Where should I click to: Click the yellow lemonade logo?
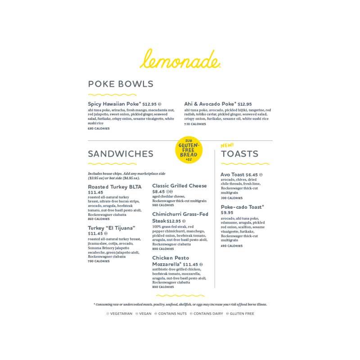coord(181,59)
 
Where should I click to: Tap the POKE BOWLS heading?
coord(121,84)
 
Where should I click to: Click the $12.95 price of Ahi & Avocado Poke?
coord(245,104)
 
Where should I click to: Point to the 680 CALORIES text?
coord(99,128)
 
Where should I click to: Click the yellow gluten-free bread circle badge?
coord(189,150)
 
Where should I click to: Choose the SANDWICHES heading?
coord(121,154)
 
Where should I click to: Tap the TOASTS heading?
coord(239,154)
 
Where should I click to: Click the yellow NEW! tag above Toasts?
coord(227,145)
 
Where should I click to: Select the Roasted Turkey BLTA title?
coord(115,187)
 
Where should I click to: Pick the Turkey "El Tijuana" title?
coord(112,228)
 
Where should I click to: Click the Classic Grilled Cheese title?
coord(180,185)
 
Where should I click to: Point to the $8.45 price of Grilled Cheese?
coord(158,192)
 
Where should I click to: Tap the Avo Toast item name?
coord(233,174)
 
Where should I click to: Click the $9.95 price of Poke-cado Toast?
coord(227,213)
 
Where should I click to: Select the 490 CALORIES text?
coord(232,246)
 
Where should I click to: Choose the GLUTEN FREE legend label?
coord(242,314)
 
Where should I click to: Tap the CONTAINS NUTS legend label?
coord(171,314)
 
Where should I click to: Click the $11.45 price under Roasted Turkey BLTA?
coord(96,193)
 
